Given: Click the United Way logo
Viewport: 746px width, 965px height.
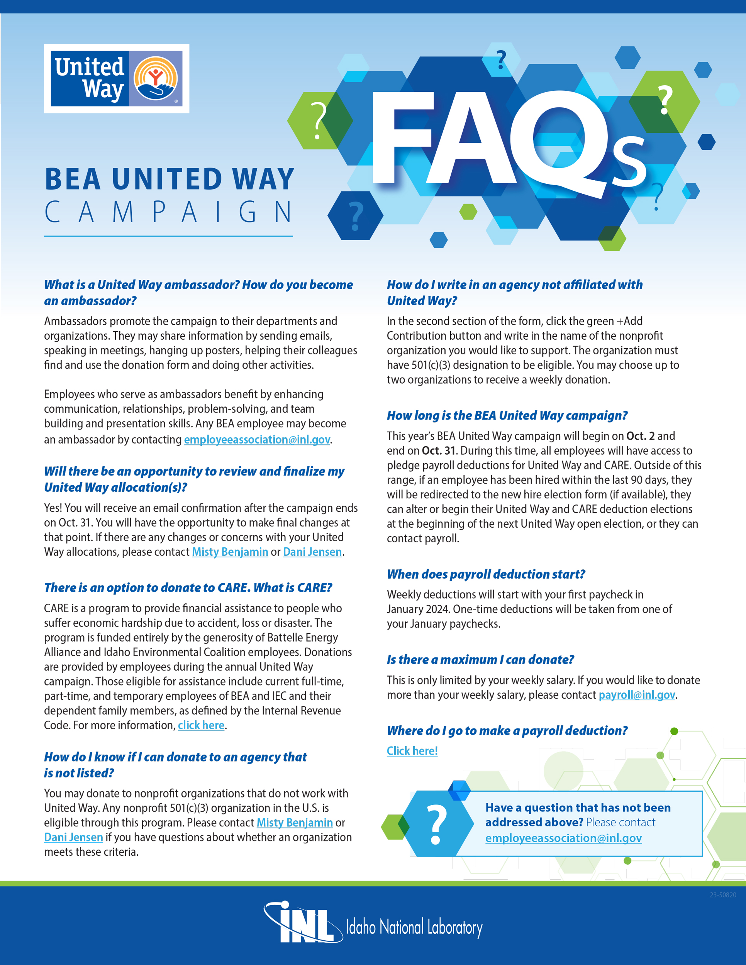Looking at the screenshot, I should tap(116, 79).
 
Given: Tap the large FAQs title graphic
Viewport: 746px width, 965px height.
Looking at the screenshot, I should tap(508, 141).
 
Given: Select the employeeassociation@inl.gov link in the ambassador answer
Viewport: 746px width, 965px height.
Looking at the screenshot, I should tap(257, 440).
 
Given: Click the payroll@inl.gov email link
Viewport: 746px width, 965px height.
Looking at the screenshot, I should tap(636, 695).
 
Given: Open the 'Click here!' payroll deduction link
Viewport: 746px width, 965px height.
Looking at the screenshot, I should tap(412, 751).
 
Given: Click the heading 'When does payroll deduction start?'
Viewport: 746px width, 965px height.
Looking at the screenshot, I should tap(486, 574).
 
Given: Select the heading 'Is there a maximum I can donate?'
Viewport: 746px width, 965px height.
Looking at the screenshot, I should tap(480, 660).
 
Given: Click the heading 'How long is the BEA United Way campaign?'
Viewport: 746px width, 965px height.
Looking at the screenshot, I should tap(507, 416).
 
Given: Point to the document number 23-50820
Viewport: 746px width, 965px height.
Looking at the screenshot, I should tap(722, 895).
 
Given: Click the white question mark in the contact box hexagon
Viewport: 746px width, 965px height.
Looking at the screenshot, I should tap(437, 824).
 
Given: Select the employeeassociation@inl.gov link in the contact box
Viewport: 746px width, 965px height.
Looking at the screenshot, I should tap(563, 838).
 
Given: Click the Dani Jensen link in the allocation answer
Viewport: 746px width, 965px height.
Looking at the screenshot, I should tap(312, 552).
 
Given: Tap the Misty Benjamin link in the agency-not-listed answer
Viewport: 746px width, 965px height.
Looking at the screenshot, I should tap(294, 823).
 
